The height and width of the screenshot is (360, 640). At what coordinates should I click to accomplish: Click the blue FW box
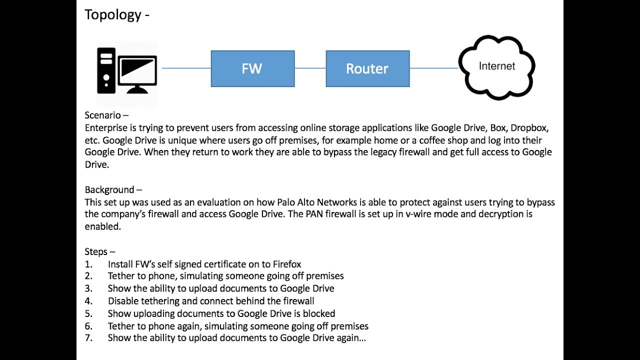252,68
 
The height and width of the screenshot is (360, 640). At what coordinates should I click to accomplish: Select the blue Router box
367,68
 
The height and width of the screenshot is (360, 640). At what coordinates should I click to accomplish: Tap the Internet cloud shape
496,66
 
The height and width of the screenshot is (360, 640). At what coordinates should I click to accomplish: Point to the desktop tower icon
106,70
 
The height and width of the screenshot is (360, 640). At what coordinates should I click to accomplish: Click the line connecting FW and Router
310,68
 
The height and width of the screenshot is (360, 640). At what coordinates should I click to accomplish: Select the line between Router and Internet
433,68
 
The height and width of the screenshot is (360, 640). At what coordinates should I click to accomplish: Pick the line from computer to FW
186,68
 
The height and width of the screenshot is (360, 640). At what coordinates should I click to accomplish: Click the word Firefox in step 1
286,264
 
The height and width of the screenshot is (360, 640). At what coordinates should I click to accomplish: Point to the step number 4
88,301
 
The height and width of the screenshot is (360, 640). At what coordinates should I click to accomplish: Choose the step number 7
88,338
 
